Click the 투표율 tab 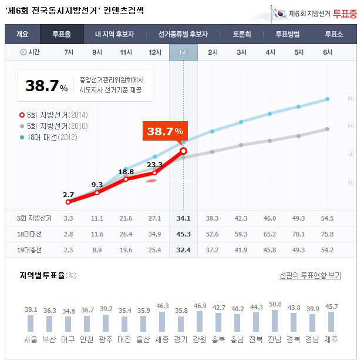(x=62, y=34)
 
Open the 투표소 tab (x=334, y=34)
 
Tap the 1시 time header (x=183, y=52)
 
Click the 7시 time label (x=69, y=52)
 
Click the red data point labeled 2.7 (x=68, y=202)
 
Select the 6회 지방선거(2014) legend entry (x=49, y=114)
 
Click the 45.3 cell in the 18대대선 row (x=183, y=234)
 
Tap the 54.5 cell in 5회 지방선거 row (x=326, y=218)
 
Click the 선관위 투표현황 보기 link (x=310, y=275)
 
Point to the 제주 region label (x=331, y=340)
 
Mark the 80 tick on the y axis (x=350, y=98)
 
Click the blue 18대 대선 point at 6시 (x=327, y=99)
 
